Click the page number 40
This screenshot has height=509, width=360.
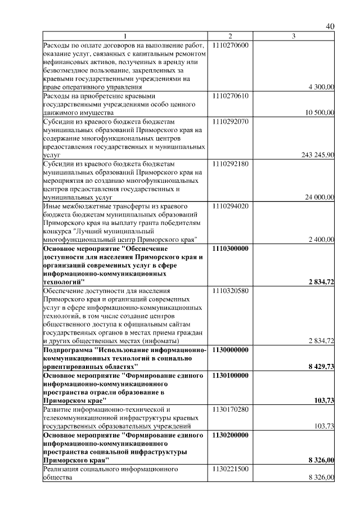(x=330, y=26)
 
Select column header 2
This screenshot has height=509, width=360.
(x=230, y=37)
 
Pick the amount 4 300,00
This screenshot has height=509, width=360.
(x=322, y=87)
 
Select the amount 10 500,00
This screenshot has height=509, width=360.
(x=319, y=112)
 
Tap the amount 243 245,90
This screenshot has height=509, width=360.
(x=318, y=155)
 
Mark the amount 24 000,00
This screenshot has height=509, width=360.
(x=319, y=197)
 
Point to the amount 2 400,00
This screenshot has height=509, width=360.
(x=322, y=239)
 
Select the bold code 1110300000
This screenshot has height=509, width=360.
(x=231, y=247)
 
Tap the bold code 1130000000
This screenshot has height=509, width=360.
(x=231, y=349)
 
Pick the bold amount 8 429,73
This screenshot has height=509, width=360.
(x=321, y=366)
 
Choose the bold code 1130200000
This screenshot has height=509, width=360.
(x=231, y=435)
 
